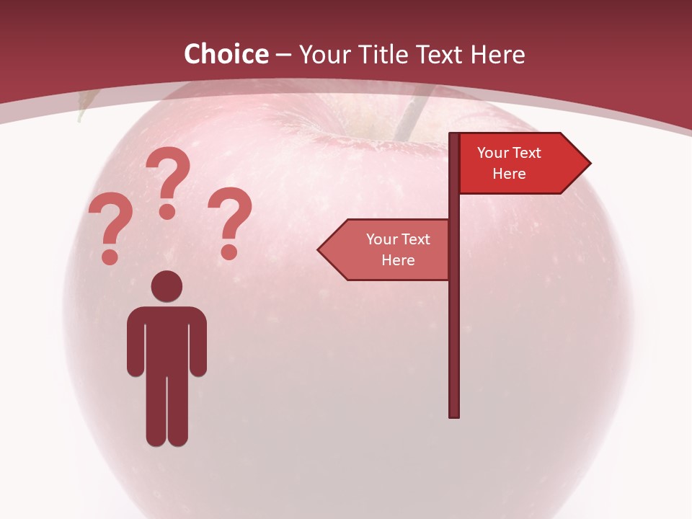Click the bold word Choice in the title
pos(226,55)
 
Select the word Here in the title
pos(497,55)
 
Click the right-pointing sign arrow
pos(523,164)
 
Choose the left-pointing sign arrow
pos(384,249)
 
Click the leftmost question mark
pos(110,220)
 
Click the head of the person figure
pos(167,287)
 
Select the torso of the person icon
pos(167,339)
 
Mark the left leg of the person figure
pos(156,411)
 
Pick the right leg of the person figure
pos(177,411)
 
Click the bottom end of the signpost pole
pos(454,414)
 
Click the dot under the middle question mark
pos(167,211)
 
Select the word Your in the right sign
pos(493,153)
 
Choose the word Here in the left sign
pos(398,260)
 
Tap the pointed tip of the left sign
pos(320,250)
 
